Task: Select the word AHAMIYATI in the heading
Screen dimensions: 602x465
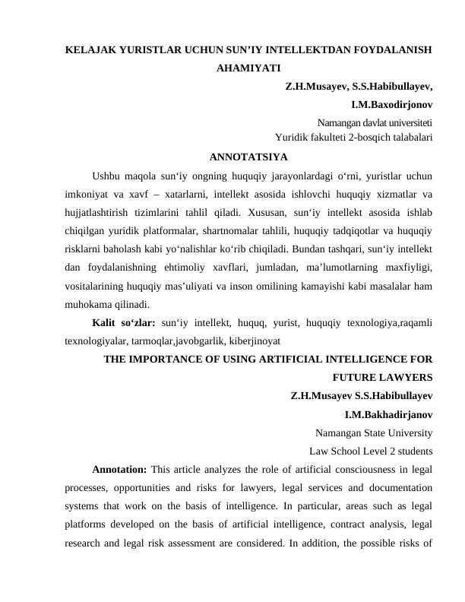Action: tap(248, 68)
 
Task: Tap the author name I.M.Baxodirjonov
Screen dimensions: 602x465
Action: tap(391, 104)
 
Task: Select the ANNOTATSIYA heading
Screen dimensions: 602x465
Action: tap(248, 158)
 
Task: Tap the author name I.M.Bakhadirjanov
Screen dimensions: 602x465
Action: tap(388, 415)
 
